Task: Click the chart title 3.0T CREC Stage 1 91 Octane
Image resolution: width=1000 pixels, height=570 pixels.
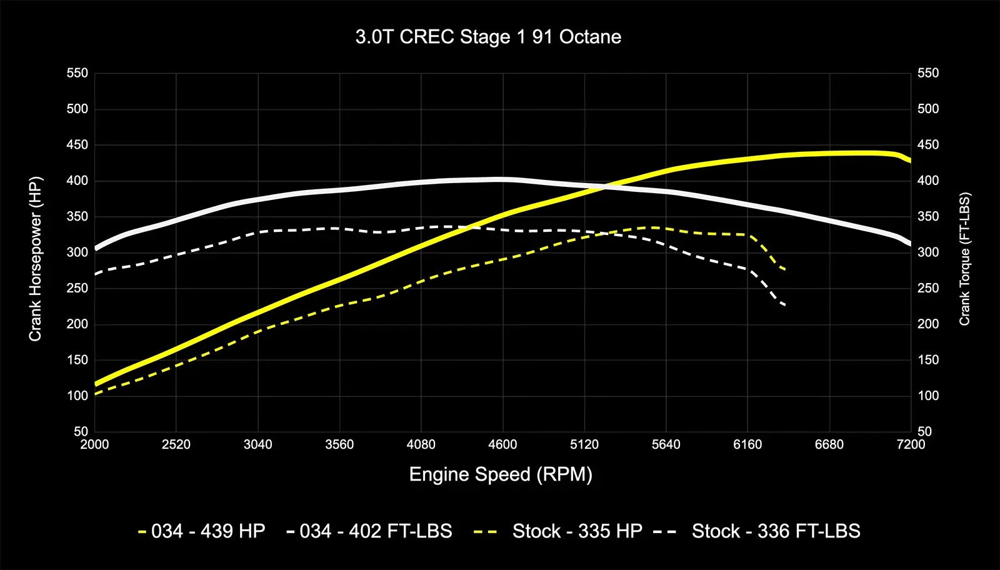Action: (x=488, y=37)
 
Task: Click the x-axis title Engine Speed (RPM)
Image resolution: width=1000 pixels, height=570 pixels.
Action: (x=501, y=474)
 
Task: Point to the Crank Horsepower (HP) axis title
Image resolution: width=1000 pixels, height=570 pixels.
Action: (x=35, y=259)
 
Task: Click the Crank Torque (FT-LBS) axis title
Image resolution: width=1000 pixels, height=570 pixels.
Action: (x=964, y=259)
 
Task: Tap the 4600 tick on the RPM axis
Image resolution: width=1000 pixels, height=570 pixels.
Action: (x=502, y=444)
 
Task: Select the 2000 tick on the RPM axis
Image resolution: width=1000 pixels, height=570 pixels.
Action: (x=94, y=444)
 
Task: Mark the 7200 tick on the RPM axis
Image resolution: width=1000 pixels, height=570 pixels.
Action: (x=911, y=444)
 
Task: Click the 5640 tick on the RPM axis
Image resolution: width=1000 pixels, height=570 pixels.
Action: (x=666, y=444)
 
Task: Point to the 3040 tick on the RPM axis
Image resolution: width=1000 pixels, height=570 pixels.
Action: (x=257, y=444)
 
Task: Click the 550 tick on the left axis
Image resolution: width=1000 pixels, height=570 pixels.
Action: (x=77, y=73)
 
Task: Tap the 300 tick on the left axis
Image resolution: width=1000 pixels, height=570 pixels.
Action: (x=77, y=252)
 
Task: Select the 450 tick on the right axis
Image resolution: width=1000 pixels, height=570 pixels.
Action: (x=928, y=145)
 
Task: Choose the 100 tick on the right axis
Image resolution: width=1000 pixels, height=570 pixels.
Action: (x=928, y=396)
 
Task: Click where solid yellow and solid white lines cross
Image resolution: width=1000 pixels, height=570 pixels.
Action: (x=605, y=186)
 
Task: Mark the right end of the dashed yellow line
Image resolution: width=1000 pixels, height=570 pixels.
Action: (x=785, y=269)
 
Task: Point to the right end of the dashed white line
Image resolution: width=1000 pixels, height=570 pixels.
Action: (x=785, y=306)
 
